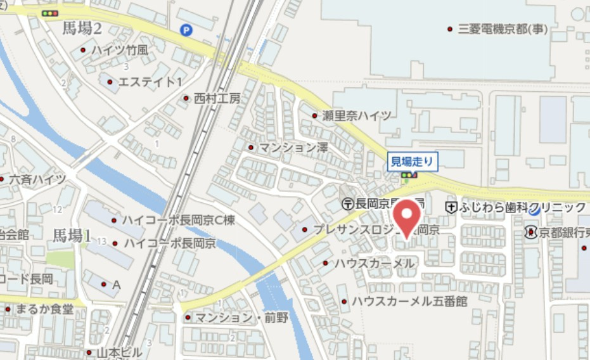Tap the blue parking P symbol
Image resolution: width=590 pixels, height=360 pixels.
186,29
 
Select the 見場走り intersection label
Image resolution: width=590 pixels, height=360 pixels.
412,162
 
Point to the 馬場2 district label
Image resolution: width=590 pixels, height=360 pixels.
82,28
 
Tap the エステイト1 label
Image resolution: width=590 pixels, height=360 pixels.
150,82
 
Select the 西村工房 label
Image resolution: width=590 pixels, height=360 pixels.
217,98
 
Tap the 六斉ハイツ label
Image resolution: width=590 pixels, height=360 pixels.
37,180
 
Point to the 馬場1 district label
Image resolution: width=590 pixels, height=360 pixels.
72,236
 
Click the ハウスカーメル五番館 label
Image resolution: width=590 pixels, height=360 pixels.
410,301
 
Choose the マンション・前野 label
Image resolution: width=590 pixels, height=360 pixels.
241,318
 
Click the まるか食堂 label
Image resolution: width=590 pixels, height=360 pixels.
45,309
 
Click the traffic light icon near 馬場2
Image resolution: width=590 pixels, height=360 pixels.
49,13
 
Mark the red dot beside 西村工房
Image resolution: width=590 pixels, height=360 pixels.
186,98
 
